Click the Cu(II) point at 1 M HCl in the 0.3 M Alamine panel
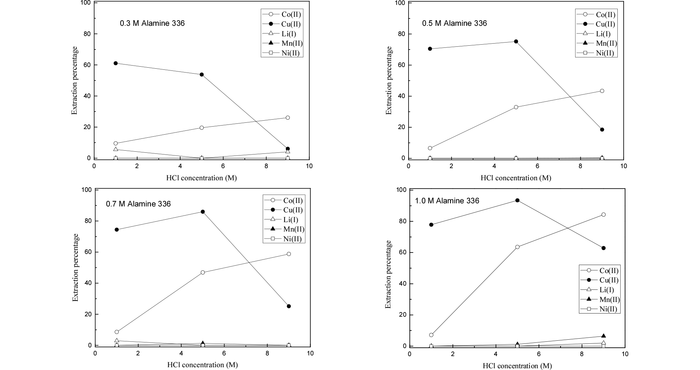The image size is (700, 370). pos(115,63)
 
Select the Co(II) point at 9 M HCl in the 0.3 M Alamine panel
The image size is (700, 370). pos(288,118)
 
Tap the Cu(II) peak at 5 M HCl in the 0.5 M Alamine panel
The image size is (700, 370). pos(516,41)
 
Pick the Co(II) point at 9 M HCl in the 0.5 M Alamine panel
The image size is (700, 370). pos(602,91)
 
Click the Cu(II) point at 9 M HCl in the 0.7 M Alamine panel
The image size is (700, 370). pos(289,306)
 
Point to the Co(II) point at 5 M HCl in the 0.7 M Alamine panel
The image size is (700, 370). pos(203,272)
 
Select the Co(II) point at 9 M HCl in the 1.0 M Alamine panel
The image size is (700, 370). pos(603,214)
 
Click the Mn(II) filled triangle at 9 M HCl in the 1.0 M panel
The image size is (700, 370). pos(603,336)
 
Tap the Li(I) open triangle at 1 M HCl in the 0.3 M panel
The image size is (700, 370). pos(115,149)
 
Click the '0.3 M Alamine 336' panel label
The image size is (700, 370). pos(152,23)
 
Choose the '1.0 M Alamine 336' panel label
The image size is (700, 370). pos(447,201)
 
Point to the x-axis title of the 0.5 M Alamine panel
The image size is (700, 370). pos(516,178)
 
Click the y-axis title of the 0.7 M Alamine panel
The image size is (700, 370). pos(75,267)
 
